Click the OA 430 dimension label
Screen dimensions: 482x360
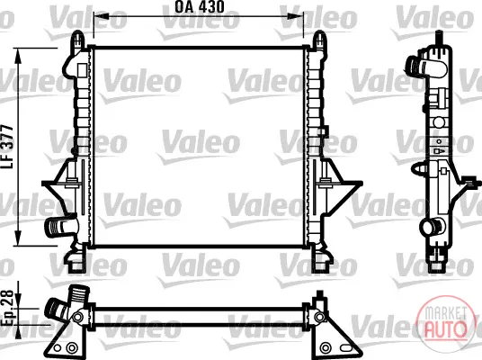pyautogui.click(x=200, y=7)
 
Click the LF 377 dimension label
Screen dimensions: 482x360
pyautogui.click(x=7, y=147)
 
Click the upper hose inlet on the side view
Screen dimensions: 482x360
pyautogui.click(x=424, y=67)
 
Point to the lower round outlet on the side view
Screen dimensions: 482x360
pyautogui.click(x=431, y=227)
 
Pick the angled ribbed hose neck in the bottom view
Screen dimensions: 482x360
pyautogui.click(x=58, y=310)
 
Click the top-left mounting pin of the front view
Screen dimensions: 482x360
pyautogui.click(x=79, y=39)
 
